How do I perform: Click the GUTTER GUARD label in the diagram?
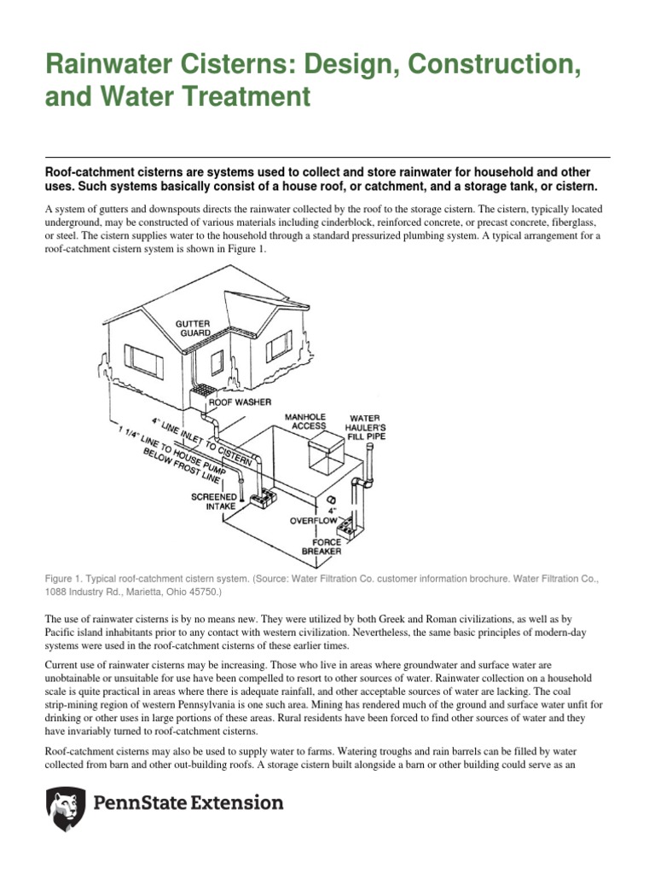[193, 329]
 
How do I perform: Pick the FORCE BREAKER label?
[322, 546]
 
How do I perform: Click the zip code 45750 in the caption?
[201, 591]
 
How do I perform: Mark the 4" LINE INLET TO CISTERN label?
[202, 436]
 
